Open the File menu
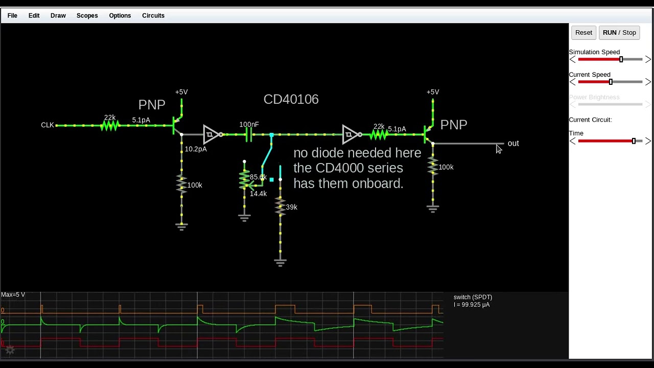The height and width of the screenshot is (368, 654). [x=12, y=15]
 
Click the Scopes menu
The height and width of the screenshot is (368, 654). [x=87, y=15]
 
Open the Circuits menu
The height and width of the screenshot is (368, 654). [x=153, y=15]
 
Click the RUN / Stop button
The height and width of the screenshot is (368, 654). [x=619, y=32]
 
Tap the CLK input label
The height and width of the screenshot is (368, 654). [x=47, y=125]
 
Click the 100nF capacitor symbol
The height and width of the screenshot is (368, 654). [x=248, y=134]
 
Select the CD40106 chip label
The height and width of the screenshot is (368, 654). [x=291, y=99]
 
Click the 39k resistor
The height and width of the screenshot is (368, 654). [x=280, y=206]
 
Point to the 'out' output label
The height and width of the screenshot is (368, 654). [x=513, y=144]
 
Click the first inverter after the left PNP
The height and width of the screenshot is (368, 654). [x=211, y=134]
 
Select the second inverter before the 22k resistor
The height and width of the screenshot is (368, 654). [x=350, y=134]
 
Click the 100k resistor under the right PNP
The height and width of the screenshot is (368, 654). [x=433, y=166]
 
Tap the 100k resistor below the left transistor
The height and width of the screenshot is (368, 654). [x=181, y=184]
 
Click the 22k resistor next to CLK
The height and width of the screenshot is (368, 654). [x=109, y=125]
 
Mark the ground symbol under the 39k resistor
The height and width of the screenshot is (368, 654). [x=280, y=262]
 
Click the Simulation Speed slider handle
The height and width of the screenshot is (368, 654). [x=621, y=60]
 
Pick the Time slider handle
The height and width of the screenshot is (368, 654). [x=634, y=141]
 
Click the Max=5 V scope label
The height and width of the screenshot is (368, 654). [x=13, y=295]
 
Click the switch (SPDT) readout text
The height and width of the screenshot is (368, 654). [x=473, y=297]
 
